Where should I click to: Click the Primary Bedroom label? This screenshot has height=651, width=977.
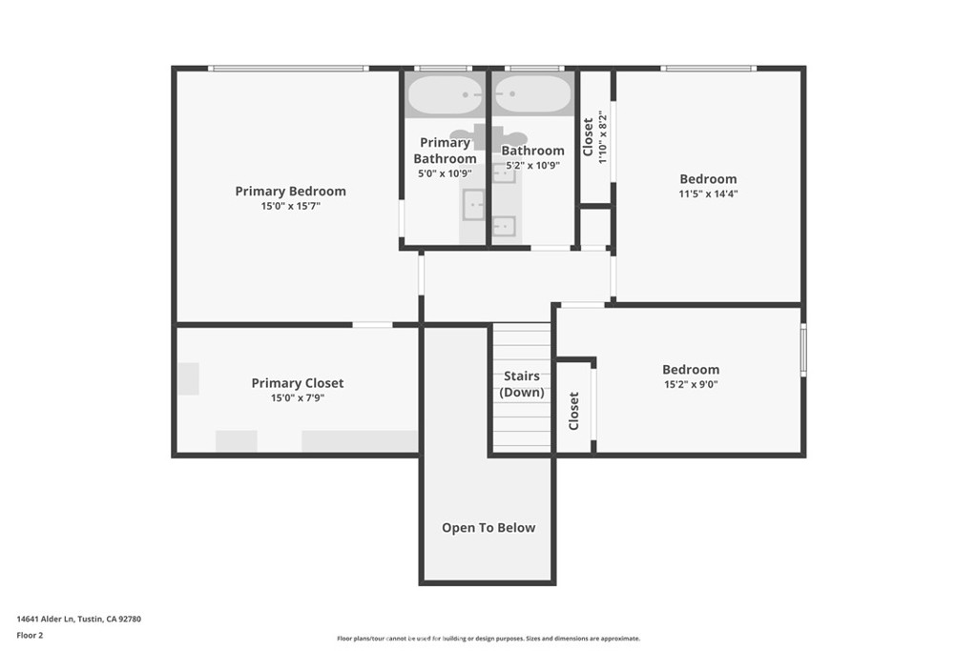[290, 191]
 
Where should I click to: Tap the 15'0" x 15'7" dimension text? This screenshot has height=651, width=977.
[290, 206]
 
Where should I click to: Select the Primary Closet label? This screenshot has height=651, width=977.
[297, 383]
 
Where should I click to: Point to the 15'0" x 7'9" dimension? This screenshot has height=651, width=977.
[297, 398]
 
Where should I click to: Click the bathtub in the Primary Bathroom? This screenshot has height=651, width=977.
[446, 94]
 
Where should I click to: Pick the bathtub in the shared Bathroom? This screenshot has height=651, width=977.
[532, 94]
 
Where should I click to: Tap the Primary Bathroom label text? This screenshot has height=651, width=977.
[445, 151]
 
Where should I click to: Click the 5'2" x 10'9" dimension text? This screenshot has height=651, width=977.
[531, 165]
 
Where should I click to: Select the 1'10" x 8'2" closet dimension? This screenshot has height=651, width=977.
[602, 138]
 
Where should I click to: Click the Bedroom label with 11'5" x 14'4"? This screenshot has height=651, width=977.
[708, 179]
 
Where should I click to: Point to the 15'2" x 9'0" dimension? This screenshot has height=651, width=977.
[691, 385]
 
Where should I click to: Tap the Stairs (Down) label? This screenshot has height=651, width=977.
[522, 384]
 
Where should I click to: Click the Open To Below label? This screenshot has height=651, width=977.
[488, 528]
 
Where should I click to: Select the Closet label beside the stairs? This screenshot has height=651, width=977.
[573, 411]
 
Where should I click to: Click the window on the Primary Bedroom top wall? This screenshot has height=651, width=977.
[288, 69]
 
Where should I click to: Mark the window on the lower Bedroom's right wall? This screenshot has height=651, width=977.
[803, 350]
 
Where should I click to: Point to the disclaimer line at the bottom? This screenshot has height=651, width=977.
[488, 639]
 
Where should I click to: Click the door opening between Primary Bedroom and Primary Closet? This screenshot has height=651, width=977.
[372, 325]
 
